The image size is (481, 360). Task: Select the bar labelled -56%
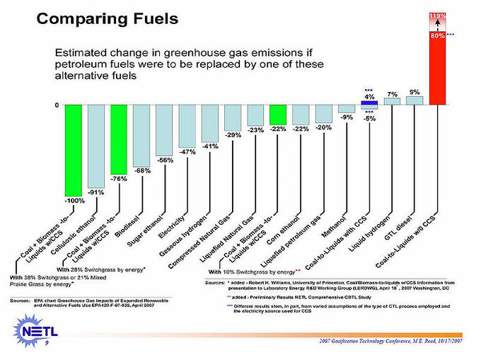pos(165,130)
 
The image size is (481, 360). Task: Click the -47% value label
pos(187,152)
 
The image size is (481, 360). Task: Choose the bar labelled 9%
pos(415,100)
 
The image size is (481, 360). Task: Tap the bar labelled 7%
pos(392,101)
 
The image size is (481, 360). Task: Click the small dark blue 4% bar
pos(369,103)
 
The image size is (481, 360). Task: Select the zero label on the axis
pos(57,105)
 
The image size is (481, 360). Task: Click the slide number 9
pos(46,343)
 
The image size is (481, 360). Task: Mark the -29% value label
pos(233,135)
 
